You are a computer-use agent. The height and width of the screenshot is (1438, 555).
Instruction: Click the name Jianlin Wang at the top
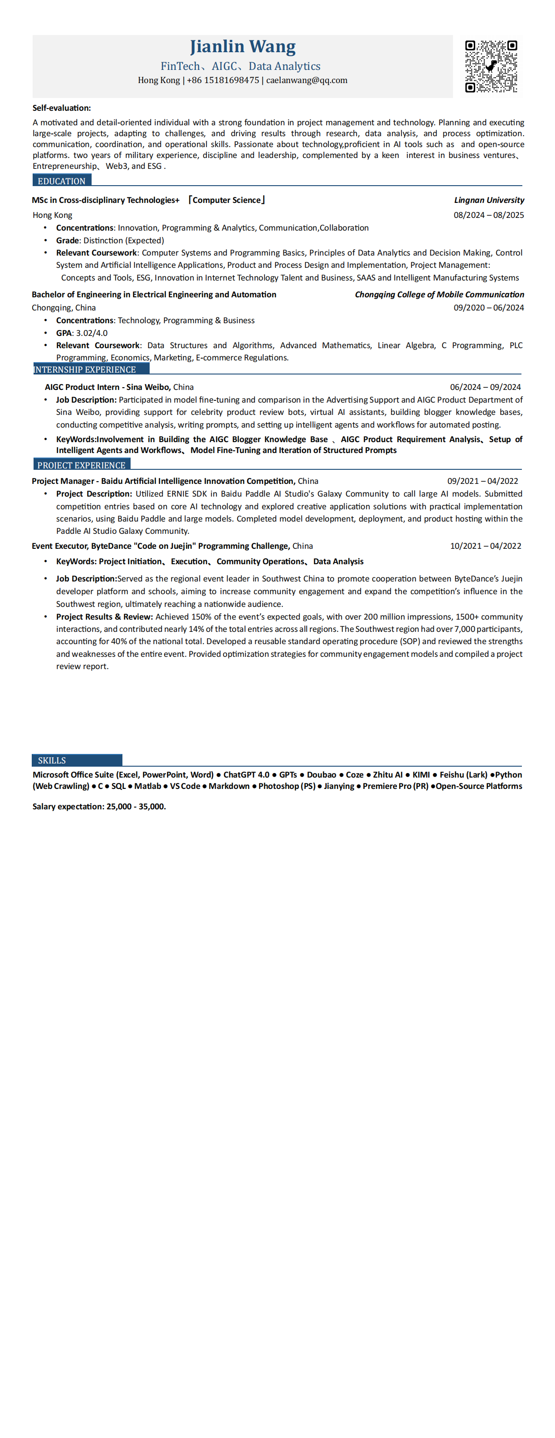click(x=243, y=46)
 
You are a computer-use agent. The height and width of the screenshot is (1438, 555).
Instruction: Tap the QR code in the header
click(x=491, y=66)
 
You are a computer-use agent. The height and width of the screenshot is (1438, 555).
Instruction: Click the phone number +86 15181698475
click(x=223, y=80)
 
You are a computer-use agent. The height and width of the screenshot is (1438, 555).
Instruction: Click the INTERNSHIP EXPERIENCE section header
click(x=85, y=369)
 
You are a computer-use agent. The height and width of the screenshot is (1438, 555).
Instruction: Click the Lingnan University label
click(x=489, y=200)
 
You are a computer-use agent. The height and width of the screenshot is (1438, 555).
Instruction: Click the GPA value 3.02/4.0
click(x=92, y=333)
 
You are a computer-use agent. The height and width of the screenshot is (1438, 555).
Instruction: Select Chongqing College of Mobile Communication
click(x=439, y=294)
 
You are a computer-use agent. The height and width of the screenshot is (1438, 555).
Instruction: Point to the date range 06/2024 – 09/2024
click(x=485, y=387)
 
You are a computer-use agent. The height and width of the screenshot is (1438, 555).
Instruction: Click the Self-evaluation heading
click(x=61, y=108)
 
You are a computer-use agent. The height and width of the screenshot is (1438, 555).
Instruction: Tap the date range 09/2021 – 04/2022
click(x=482, y=481)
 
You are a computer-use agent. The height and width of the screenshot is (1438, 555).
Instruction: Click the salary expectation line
click(x=99, y=806)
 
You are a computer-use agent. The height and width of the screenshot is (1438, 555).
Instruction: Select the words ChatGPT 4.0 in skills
click(x=246, y=774)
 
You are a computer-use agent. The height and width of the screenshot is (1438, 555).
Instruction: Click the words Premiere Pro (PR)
click(x=395, y=786)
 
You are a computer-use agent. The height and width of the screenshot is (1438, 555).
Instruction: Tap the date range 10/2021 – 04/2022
click(x=485, y=546)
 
